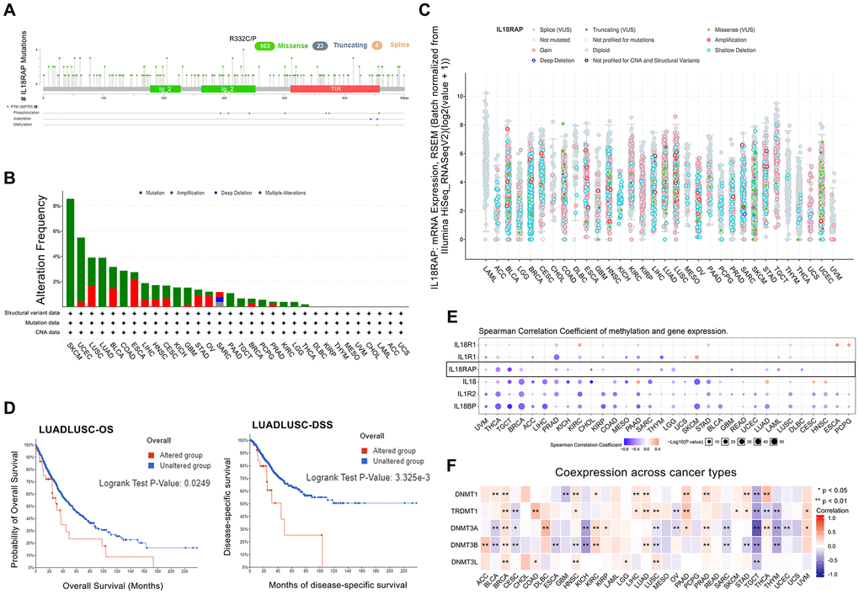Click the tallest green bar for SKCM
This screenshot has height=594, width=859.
tap(70, 252)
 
